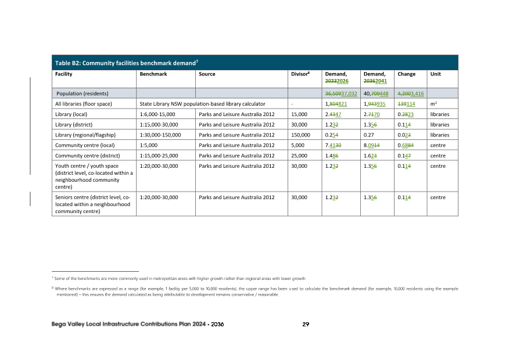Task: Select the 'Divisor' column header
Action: (302, 75)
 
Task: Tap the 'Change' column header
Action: (406, 74)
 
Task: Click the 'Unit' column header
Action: (435, 74)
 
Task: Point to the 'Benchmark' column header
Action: (153, 74)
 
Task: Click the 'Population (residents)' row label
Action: (83, 93)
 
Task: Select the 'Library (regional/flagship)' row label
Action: (88, 135)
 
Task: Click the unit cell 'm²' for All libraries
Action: (433, 104)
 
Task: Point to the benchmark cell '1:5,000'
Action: (148, 145)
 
